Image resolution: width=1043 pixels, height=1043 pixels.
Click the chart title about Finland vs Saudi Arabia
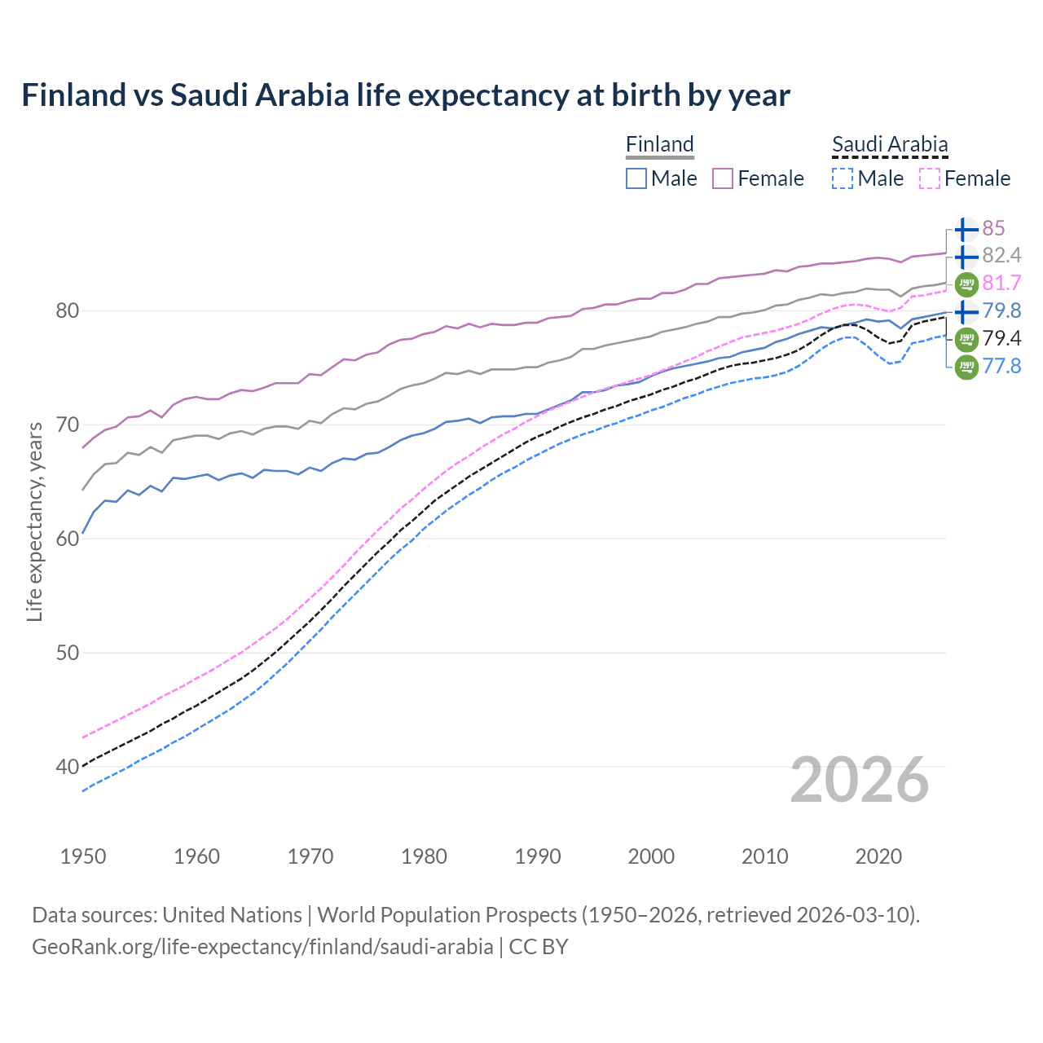tap(405, 95)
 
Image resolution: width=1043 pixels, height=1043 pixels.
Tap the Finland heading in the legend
tap(659, 144)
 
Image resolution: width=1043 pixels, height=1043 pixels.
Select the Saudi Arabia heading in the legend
tap(890, 144)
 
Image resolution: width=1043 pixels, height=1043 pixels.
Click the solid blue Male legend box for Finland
tap(636, 178)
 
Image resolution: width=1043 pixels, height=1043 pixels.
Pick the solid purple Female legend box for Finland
tap(723, 178)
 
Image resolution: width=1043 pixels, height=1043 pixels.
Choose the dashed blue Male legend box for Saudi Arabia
tap(843, 178)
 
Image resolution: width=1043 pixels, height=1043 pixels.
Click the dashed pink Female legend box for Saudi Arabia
tap(929, 178)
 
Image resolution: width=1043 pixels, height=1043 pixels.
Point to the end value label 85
tap(993, 228)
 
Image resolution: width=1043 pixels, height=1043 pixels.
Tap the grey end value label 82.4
tap(1001, 256)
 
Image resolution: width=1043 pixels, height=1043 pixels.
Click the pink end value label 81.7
tap(1001, 284)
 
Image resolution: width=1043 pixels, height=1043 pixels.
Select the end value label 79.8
tap(1001, 311)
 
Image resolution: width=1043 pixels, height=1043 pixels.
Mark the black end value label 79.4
tap(1001, 339)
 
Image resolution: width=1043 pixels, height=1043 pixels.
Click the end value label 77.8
tap(1001, 367)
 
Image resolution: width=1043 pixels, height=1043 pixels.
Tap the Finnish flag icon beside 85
tap(966, 229)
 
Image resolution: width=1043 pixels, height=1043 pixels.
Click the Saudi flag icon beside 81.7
tap(966, 284)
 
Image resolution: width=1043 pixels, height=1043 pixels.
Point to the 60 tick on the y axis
tap(68, 539)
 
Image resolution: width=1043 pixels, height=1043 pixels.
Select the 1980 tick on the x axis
tap(424, 856)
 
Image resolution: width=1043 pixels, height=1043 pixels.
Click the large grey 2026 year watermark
tap(860, 780)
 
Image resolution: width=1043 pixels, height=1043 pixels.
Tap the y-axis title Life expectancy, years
tap(34, 521)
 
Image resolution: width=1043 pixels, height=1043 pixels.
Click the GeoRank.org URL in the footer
tap(262, 947)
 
